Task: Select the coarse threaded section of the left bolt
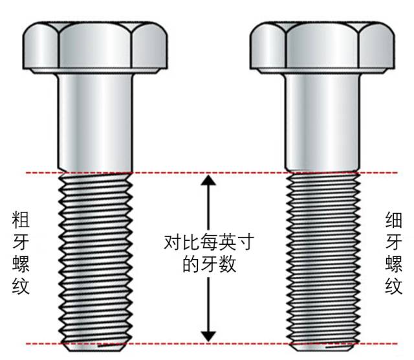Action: coord(95,259)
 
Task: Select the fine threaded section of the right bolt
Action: coord(322,259)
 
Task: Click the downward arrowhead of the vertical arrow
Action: coord(208,333)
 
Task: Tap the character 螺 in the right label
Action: coord(393,264)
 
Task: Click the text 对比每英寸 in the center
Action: coord(208,243)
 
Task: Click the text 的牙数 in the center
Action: coord(208,265)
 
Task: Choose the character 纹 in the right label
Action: coord(393,286)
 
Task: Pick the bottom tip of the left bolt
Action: coord(95,349)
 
